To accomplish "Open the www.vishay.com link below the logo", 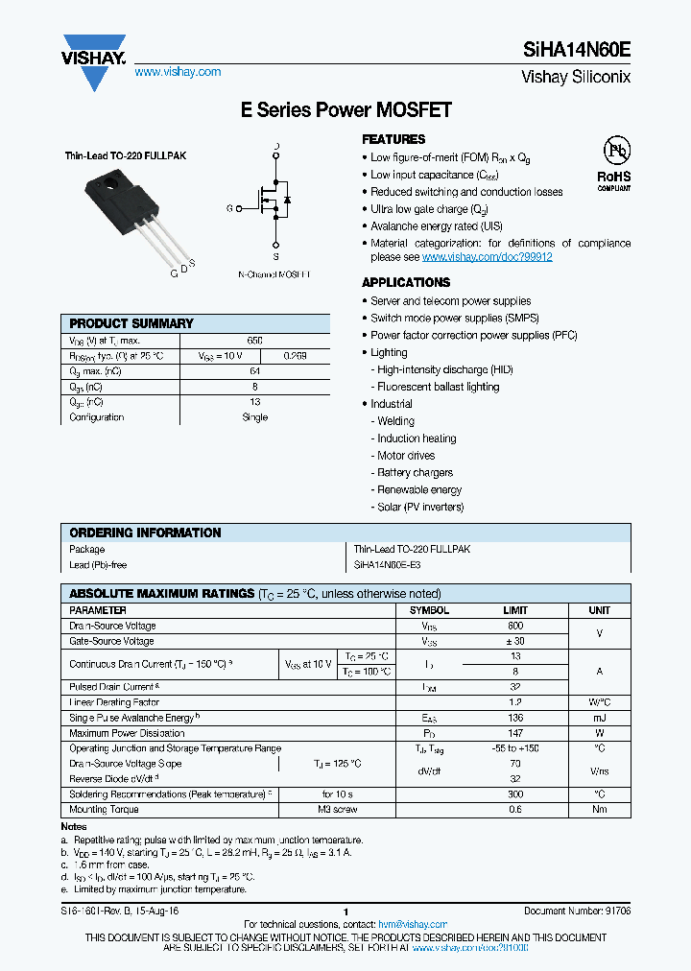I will click(178, 72).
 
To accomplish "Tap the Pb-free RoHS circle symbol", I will click(614, 151).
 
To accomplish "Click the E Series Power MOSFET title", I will click(345, 110).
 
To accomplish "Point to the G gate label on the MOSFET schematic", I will click(230, 208).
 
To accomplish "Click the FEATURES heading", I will click(393, 139).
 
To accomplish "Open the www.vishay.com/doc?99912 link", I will click(487, 257).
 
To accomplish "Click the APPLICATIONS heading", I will click(405, 282).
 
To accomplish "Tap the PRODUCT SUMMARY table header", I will click(131, 323).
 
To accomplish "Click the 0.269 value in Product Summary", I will click(295, 355).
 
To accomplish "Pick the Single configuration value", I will click(254, 417).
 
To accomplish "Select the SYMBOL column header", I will click(429, 610).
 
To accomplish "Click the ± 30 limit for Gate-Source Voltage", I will click(515, 641).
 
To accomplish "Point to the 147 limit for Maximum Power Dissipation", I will click(515, 733).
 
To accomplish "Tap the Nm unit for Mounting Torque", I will click(599, 810).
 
